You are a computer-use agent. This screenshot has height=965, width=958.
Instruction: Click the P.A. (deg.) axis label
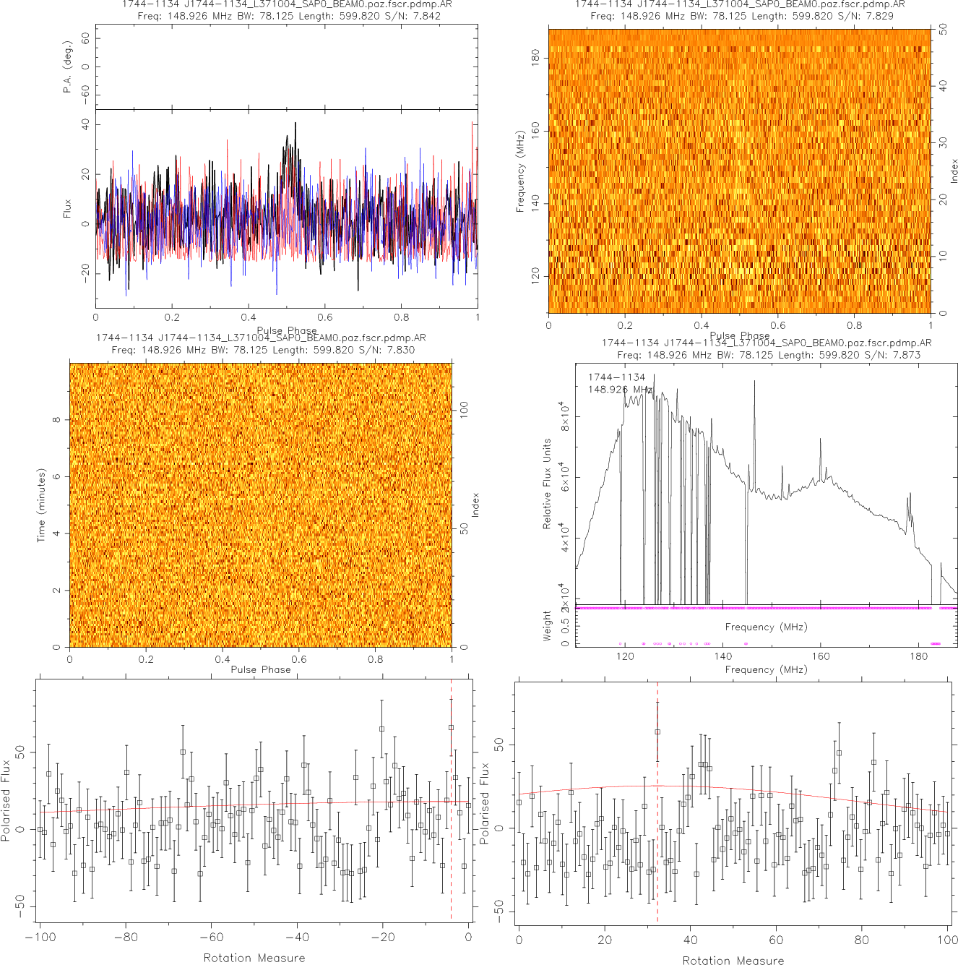tap(67, 67)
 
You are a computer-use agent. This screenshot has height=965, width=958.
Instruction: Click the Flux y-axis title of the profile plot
tap(67, 209)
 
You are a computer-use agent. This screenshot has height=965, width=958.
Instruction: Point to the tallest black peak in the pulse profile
tap(295, 124)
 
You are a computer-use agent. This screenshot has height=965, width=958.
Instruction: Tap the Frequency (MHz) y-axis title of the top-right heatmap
tap(519, 171)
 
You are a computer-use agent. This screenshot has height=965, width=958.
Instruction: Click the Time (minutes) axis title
tap(41, 505)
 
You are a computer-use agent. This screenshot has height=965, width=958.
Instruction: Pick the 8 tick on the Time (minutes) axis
tap(56, 420)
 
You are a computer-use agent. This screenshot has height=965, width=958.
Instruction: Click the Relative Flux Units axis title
tap(547, 484)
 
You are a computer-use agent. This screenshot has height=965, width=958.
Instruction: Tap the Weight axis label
tap(547, 625)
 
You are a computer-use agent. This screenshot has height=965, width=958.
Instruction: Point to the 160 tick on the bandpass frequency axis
tap(821, 656)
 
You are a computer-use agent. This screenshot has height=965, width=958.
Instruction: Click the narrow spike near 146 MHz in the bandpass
tap(754, 383)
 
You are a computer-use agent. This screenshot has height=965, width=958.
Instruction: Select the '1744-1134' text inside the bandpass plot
tap(616, 377)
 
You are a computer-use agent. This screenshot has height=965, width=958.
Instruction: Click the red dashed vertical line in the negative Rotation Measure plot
tap(452, 795)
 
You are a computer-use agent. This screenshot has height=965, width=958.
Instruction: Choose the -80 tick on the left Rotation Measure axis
tap(126, 938)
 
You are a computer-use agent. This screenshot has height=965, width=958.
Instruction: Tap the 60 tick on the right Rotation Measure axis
tap(776, 940)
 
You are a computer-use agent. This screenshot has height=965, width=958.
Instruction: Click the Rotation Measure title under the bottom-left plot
tap(254, 958)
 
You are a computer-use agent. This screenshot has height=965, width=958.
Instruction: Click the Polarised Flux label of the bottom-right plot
tap(484, 803)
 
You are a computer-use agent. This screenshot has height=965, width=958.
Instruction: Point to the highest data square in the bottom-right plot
tap(657, 732)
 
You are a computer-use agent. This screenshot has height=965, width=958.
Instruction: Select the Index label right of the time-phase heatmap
tap(475, 505)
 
